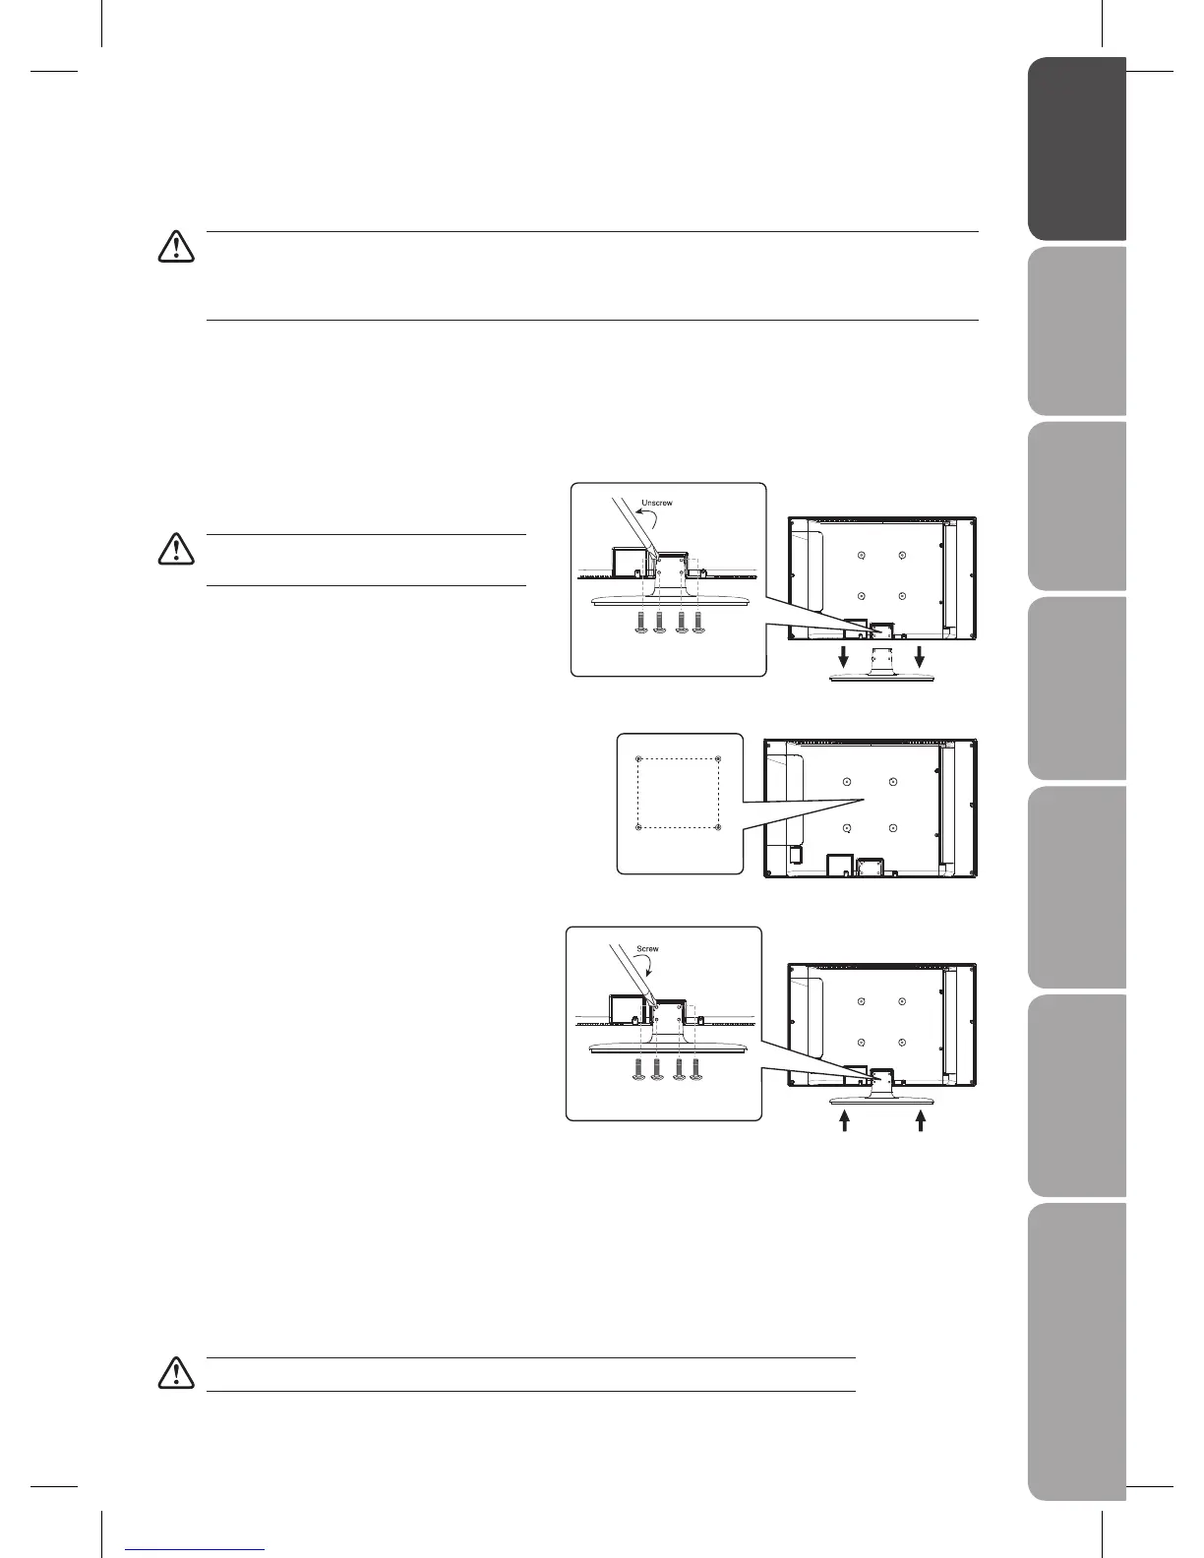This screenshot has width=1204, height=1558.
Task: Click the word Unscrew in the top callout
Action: coord(656,504)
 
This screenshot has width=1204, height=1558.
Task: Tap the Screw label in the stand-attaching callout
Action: coord(647,949)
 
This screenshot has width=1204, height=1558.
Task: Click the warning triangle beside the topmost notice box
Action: coord(176,246)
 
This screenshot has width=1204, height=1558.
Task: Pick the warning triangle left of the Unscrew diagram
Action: coord(176,548)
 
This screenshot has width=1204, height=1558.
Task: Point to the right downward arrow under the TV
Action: coord(919,660)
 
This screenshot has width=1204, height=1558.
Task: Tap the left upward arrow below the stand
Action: coord(843,1121)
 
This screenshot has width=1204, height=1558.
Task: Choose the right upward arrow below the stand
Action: coord(921,1121)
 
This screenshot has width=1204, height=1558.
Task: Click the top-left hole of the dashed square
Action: coord(638,758)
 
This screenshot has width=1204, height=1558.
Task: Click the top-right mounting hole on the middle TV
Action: coord(892,782)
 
